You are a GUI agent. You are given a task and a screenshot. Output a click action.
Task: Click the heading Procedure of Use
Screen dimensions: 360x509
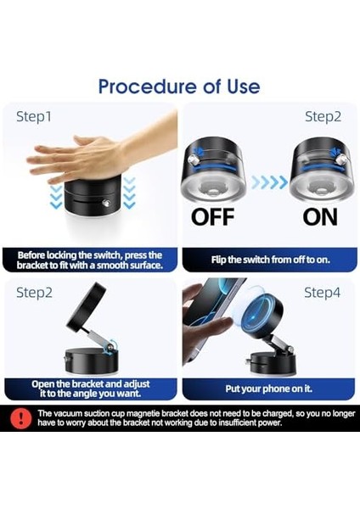[179, 87]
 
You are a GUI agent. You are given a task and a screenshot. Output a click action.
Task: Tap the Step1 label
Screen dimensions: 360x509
[34, 117]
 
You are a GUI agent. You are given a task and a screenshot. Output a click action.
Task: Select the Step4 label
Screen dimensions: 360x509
[322, 293]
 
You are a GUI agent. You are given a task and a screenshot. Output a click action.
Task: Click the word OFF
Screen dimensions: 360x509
[212, 217]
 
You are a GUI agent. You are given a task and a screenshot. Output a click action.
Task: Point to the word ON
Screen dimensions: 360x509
[320, 217]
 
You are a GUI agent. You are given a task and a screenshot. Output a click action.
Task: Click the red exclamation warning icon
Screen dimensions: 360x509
[20, 418]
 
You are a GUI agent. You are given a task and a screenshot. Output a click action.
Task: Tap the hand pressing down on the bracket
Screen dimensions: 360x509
[102, 153]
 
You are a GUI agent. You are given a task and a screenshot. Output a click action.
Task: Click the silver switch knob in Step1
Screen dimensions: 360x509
[106, 204]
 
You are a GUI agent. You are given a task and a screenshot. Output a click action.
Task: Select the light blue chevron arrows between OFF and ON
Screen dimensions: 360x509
[269, 182]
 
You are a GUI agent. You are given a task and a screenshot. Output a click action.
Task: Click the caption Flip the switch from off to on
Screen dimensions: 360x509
[270, 260]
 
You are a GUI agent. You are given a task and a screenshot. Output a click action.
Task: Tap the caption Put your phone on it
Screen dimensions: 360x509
[268, 389]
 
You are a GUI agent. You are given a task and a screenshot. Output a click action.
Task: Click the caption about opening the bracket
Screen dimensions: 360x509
[90, 389]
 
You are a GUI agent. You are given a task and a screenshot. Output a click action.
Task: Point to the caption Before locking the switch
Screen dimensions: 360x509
[90, 260]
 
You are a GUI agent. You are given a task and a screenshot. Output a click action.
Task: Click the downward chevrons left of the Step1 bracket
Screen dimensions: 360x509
[56, 197]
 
